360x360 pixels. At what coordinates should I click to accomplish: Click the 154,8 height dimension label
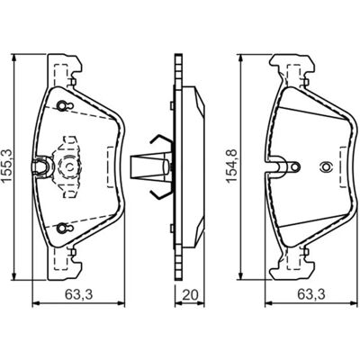pyautogui.click(x=232, y=166)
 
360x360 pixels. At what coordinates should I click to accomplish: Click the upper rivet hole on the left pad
pyautogui.click(x=62, y=105)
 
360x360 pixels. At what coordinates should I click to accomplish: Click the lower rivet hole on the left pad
pyautogui.click(x=62, y=228)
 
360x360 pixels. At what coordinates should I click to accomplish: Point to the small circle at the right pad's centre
pyautogui.click(x=325, y=166)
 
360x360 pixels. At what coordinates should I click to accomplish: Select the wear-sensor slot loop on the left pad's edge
pyautogui.click(x=40, y=166)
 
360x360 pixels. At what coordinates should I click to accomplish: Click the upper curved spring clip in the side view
pyautogui.click(x=160, y=140)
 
